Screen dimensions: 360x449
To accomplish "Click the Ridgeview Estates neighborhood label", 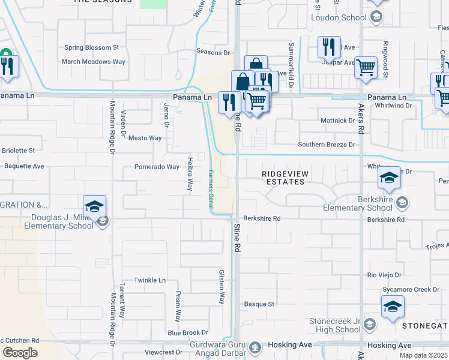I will [286, 177].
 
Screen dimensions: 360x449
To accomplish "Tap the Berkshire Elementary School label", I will [357, 204].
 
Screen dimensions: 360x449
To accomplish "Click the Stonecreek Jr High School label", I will [334, 325].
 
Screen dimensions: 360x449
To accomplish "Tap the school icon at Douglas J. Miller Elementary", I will [94, 207].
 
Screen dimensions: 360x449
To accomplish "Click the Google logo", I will [20, 353].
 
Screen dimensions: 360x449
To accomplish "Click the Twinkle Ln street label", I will [149, 280].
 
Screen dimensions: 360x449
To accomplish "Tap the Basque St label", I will [259, 304].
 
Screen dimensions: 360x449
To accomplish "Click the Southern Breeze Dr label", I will [327, 145].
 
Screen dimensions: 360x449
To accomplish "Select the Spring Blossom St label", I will [92, 47].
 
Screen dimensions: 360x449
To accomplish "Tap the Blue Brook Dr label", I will [188, 332].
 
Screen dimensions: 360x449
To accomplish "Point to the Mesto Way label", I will [145, 138].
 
